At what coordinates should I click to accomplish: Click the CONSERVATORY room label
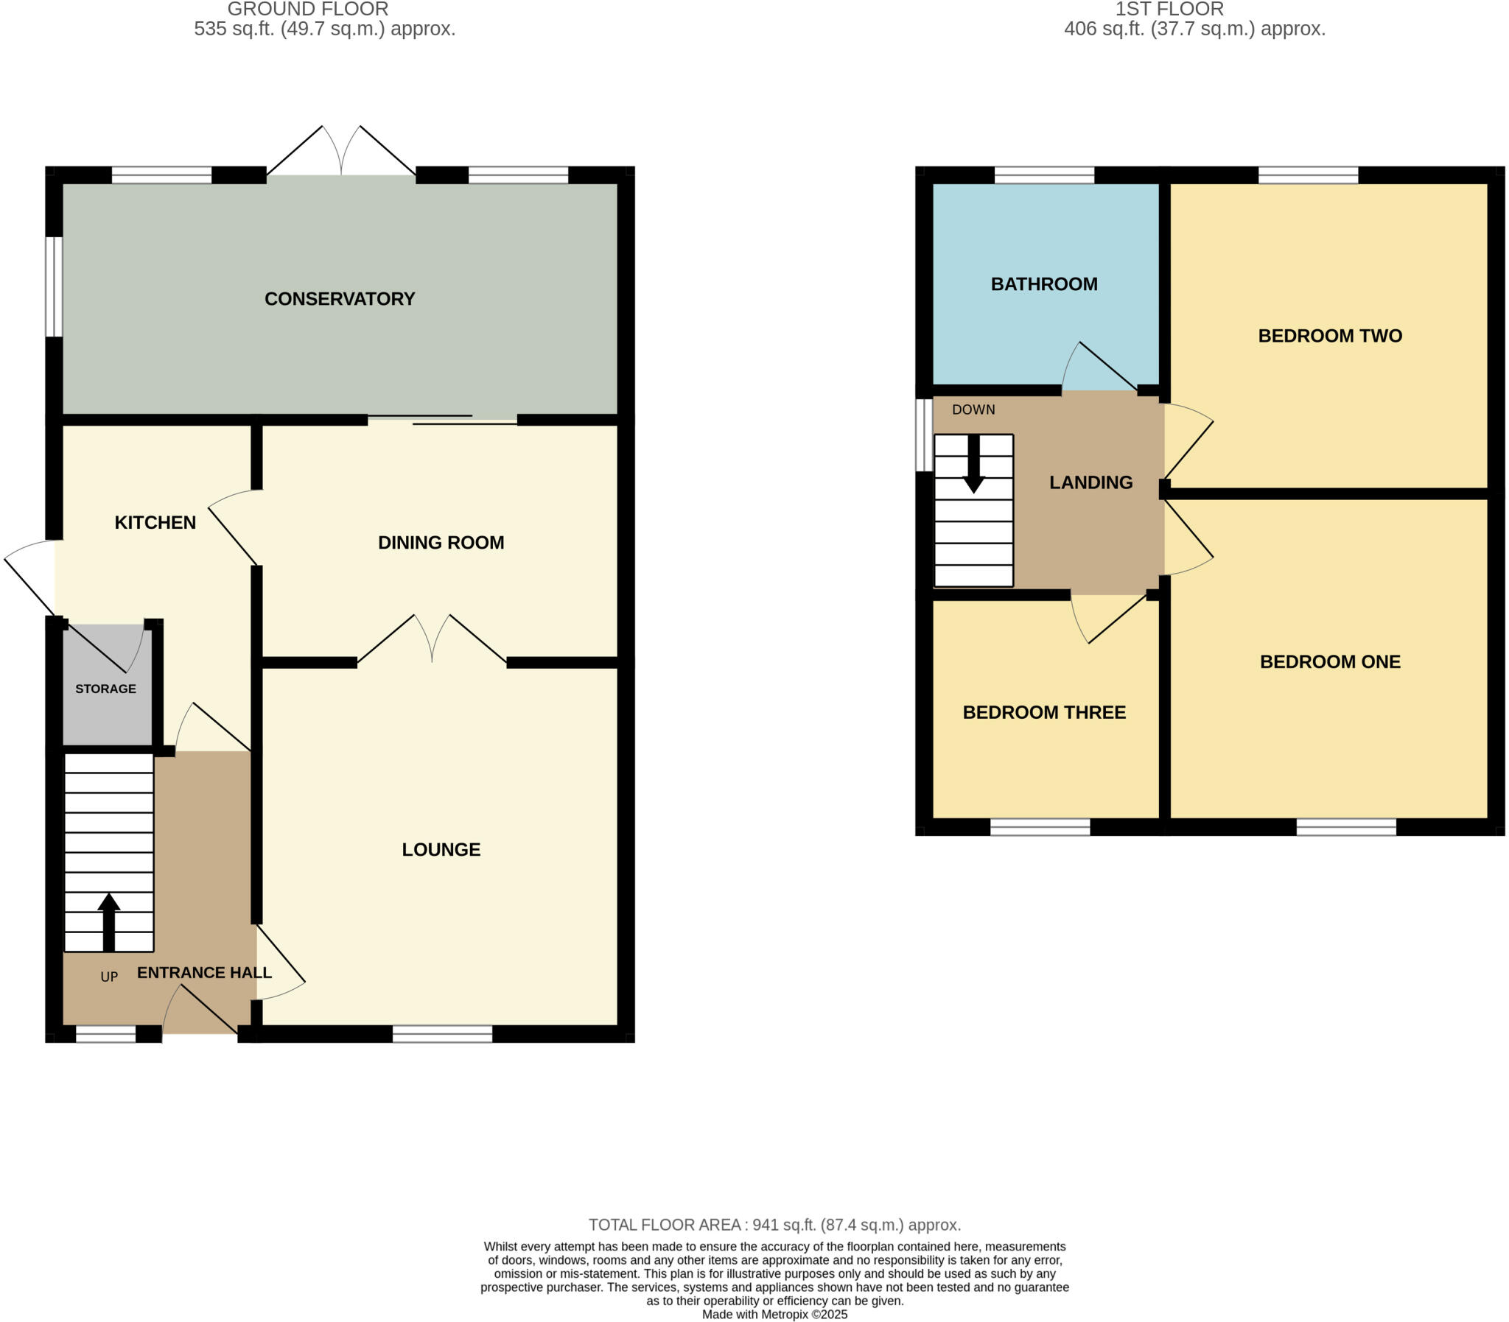pyautogui.click(x=340, y=299)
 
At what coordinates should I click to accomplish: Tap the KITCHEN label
pyautogui.click(x=155, y=522)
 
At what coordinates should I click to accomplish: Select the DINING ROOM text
pyautogui.click(x=441, y=542)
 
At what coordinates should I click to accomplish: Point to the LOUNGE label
pyautogui.click(x=441, y=849)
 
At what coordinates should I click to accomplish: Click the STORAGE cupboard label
pyautogui.click(x=105, y=689)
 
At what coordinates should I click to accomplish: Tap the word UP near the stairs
pyautogui.click(x=109, y=977)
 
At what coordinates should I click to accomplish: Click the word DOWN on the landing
pyautogui.click(x=973, y=409)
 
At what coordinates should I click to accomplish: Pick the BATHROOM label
pyautogui.click(x=1043, y=284)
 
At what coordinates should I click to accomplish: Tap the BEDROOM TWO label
pyautogui.click(x=1330, y=336)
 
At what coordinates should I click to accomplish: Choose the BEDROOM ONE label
pyautogui.click(x=1330, y=662)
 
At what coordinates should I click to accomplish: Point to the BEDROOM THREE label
pyautogui.click(x=1043, y=712)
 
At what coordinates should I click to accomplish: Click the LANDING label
pyautogui.click(x=1090, y=482)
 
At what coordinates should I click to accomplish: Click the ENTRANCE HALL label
pyautogui.click(x=204, y=972)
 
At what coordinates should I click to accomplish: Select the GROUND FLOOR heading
pyautogui.click(x=308, y=10)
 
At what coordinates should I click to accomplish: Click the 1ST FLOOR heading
pyautogui.click(x=1169, y=10)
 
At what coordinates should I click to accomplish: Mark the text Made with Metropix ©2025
pyautogui.click(x=774, y=1314)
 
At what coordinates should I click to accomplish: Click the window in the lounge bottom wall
pyautogui.click(x=442, y=1033)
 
